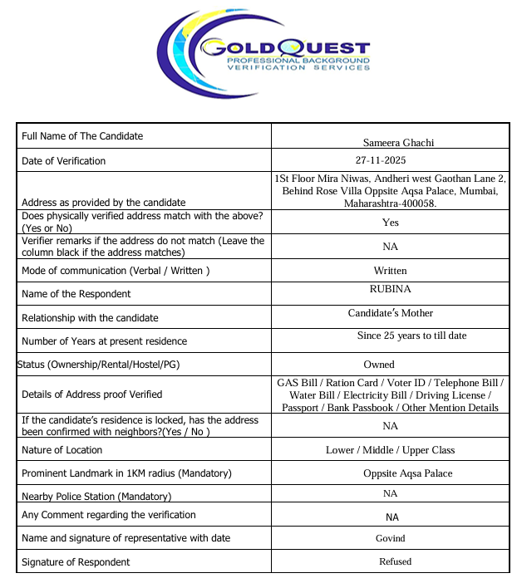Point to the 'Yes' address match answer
(x=390, y=223)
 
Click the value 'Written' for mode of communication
(x=390, y=271)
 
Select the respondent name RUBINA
(x=390, y=290)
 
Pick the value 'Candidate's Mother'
(x=390, y=314)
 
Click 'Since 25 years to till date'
(x=411, y=336)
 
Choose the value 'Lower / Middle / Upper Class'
(x=390, y=450)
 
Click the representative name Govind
(x=390, y=538)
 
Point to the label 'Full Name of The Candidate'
(x=82, y=136)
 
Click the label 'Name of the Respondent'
(x=76, y=294)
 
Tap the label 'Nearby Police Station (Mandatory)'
(x=96, y=497)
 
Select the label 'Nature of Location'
(x=62, y=450)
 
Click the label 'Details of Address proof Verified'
(x=91, y=394)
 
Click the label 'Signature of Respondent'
(x=76, y=562)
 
